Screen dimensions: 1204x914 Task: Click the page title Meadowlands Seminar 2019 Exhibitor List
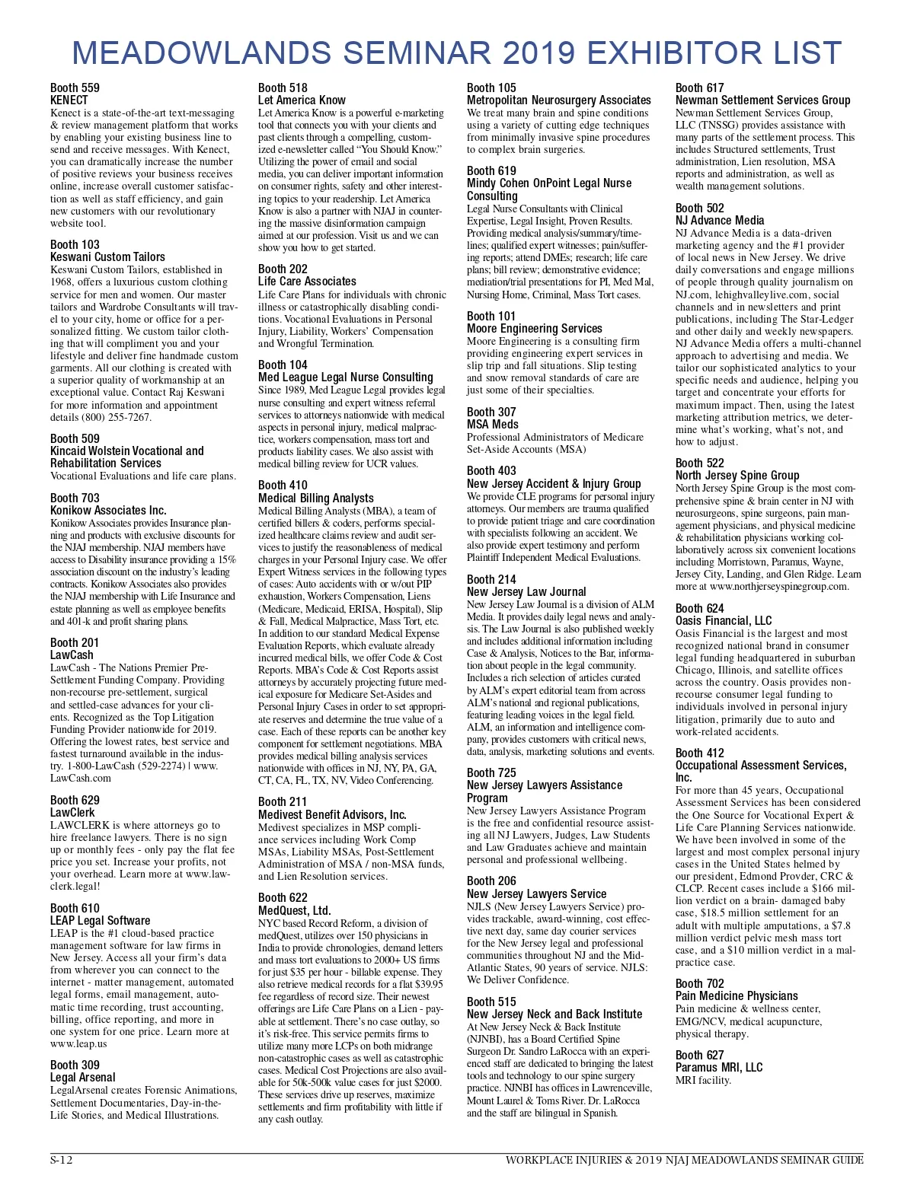coord(457,53)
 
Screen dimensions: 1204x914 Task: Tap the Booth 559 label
coord(75,88)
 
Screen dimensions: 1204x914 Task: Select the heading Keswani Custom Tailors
coord(107,257)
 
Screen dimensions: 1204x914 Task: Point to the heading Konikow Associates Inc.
coord(108,511)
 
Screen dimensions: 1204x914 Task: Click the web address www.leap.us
coord(78,1043)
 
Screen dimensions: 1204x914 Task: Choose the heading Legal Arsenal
coord(83,1078)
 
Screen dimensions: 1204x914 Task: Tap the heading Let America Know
coord(302,100)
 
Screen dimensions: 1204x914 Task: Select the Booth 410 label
coord(283,486)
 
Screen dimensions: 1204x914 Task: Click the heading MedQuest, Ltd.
coord(294,910)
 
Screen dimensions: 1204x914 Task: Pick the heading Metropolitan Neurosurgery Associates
coord(558,100)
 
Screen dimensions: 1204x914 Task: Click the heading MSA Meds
coord(492,425)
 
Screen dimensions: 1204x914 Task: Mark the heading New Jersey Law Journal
coord(526,592)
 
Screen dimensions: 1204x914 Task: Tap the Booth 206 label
coord(491,881)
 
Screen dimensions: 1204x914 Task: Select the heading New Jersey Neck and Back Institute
coord(554,1014)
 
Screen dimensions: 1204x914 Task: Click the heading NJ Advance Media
coord(719,221)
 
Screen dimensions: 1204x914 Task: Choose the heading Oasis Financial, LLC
coord(723,621)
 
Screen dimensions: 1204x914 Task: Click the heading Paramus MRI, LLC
coord(718,1068)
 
